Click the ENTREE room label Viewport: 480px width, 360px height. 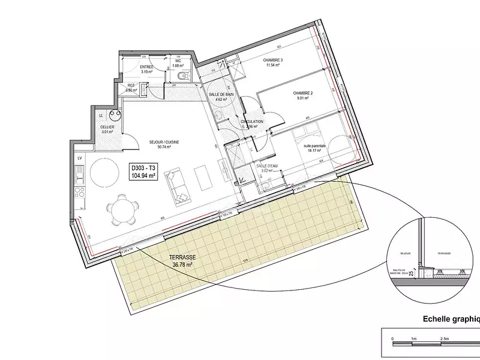(x=146, y=67)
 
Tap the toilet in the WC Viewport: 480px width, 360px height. (x=185, y=75)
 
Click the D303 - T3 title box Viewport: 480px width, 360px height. (x=143, y=172)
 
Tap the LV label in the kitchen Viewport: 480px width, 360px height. (x=79, y=158)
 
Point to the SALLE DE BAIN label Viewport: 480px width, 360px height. (x=221, y=95)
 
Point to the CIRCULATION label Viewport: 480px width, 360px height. (x=253, y=122)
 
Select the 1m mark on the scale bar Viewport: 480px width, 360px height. (x=414, y=339)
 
